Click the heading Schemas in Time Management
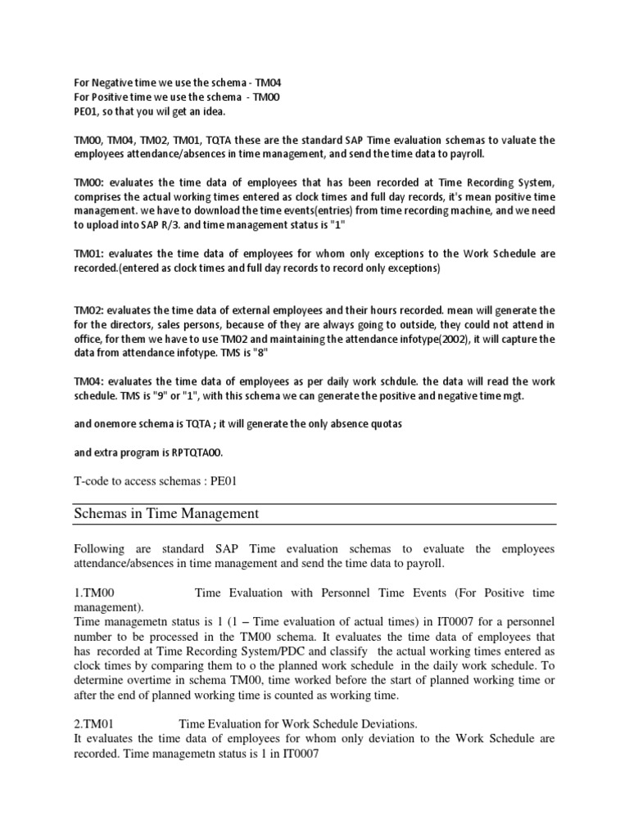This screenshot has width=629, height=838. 166,514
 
